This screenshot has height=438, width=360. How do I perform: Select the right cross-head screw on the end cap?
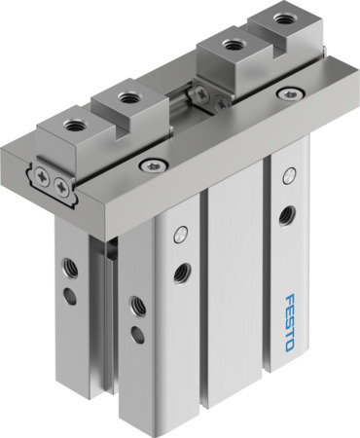pos(63,183)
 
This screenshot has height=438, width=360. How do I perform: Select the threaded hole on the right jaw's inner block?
pos(232,42)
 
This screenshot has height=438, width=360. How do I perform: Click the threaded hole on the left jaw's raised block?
pos(127,95)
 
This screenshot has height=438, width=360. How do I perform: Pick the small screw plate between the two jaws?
pos(201,93)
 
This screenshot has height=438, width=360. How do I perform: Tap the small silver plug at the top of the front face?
pos(180,235)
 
